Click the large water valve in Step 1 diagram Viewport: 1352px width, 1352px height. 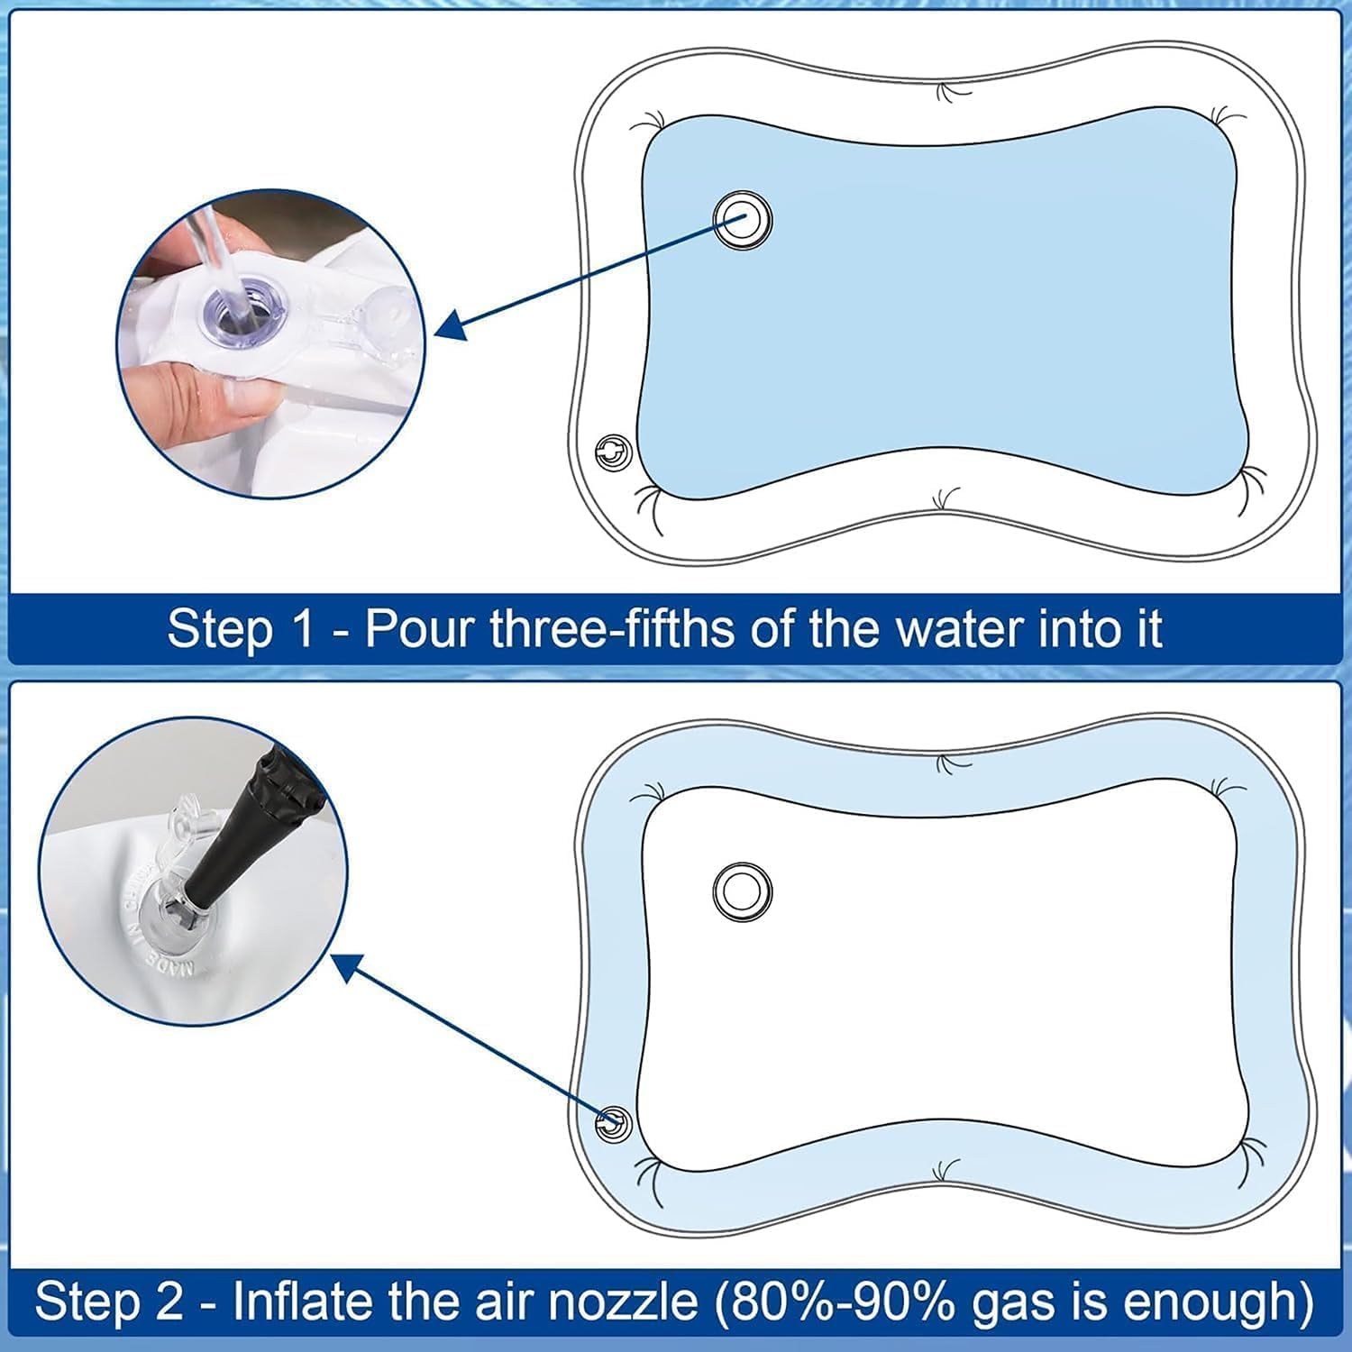pyautogui.click(x=743, y=220)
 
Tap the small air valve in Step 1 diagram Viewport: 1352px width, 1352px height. pyautogui.click(x=614, y=452)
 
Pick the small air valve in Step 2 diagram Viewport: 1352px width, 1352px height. pyautogui.click(x=614, y=1123)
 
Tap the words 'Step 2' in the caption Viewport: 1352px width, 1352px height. pyautogui.click(x=109, y=1302)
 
